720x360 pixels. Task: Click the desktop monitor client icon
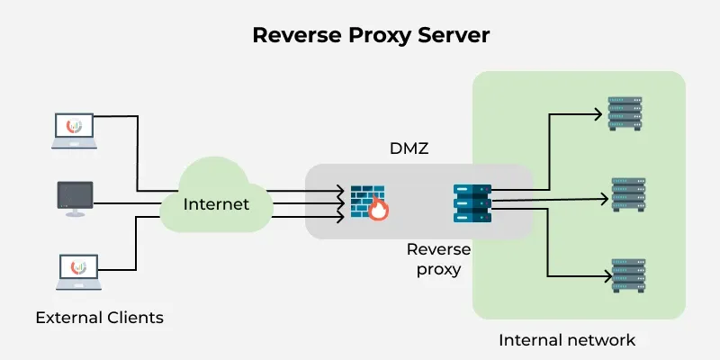[x=75, y=198]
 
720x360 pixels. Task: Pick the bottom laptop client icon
[x=75, y=270]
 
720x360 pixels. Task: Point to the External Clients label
[x=100, y=318]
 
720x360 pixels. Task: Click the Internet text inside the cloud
[x=216, y=204]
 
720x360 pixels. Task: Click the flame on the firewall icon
[x=379, y=211]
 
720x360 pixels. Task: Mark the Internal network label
[x=567, y=340]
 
